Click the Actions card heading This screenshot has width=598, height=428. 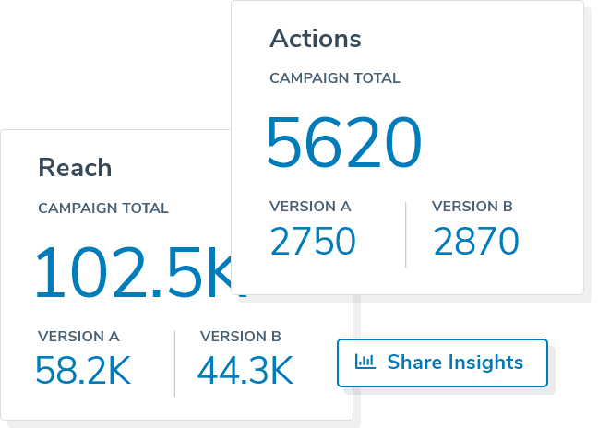(x=315, y=39)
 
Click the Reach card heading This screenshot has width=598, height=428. (x=75, y=168)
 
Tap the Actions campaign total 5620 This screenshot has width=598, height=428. (x=343, y=143)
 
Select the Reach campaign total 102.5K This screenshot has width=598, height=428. (x=135, y=273)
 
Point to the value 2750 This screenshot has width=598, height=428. (x=313, y=242)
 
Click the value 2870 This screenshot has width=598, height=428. (x=475, y=242)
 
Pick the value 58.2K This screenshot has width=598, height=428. (x=83, y=371)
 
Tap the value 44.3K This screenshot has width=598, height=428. (x=245, y=371)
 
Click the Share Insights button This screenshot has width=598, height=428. (x=442, y=363)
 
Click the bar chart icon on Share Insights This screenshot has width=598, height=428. (x=365, y=362)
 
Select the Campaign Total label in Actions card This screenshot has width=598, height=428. (x=335, y=78)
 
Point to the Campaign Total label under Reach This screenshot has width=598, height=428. (x=103, y=208)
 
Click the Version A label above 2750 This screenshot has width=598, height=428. (x=310, y=207)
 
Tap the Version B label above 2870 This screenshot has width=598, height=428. (x=472, y=207)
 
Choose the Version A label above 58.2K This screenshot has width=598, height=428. (x=78, y=337)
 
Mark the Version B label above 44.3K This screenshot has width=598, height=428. (x=241, y=337)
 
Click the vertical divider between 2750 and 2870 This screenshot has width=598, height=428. (x=406, y=234)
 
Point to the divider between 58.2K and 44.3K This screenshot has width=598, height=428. (x=174, y=363)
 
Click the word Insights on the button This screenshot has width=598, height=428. (x=483, y=363)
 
